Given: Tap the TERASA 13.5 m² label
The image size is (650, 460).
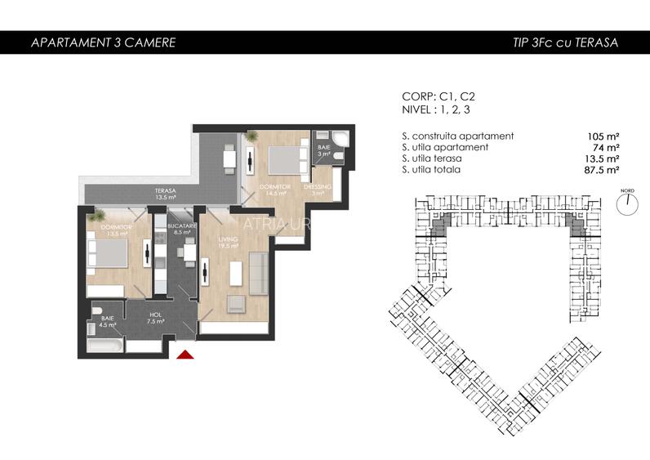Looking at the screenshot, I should coord(167,194).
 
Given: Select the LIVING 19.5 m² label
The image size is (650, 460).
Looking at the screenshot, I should coord(227,240).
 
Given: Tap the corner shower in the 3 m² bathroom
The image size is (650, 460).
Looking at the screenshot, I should coord(343,139).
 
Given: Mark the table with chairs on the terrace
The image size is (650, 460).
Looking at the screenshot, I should coord(229,159).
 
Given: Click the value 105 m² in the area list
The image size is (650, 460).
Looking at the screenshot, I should coord(603,136).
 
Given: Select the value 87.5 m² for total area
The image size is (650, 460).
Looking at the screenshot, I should coord(601,170).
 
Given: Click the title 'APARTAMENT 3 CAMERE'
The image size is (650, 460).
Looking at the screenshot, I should coord(102,42).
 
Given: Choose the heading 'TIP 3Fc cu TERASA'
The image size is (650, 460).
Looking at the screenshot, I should coord(559,42).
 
